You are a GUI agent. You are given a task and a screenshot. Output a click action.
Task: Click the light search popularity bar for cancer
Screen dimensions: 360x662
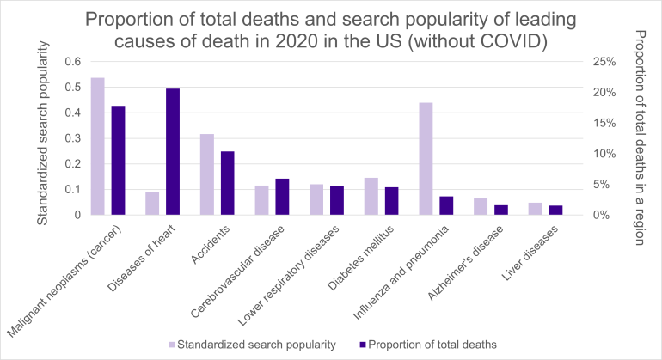point(97,146)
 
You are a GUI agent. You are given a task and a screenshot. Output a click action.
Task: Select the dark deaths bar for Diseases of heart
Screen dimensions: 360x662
point(173,152)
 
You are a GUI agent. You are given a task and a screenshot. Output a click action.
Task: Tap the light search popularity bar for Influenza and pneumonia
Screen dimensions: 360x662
point(426,159)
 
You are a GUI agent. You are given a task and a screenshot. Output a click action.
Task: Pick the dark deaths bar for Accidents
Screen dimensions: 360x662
point(228,183)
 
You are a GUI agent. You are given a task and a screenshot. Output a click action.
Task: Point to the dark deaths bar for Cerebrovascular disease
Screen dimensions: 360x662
point(282,197)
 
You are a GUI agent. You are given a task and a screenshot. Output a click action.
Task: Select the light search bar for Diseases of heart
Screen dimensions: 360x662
point(152,204)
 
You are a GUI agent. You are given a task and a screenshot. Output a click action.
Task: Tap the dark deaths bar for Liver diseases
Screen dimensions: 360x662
point(555,211)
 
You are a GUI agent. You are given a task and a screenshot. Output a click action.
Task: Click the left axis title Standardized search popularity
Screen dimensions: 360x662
point(41,138)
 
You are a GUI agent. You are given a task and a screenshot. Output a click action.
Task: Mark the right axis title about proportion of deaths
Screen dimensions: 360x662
point(640,137)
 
